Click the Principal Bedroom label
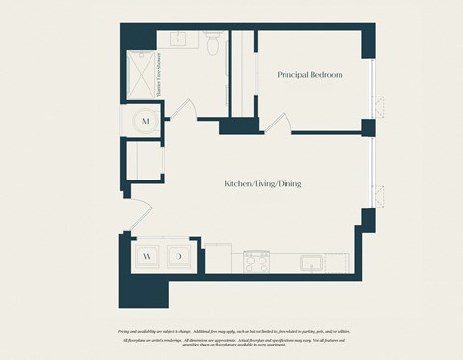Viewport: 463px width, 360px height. click(x=310, y=74)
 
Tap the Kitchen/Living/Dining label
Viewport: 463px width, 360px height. click(x=262, y=183)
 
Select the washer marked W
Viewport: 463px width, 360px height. click(x=148, y=256)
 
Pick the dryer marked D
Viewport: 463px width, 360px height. click(x=178, y=256)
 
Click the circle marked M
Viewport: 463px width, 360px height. click(x=146, y=121)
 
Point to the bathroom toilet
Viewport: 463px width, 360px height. click(x=213, y=43)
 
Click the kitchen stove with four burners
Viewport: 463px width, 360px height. click(x=257, y=261)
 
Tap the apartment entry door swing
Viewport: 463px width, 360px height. click(x=135, y=214)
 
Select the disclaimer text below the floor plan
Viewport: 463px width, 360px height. click(x=231, y=335)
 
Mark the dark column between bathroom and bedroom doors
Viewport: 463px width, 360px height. click(x=234, y=125)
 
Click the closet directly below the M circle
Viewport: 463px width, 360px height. click(x=146, y=161)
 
